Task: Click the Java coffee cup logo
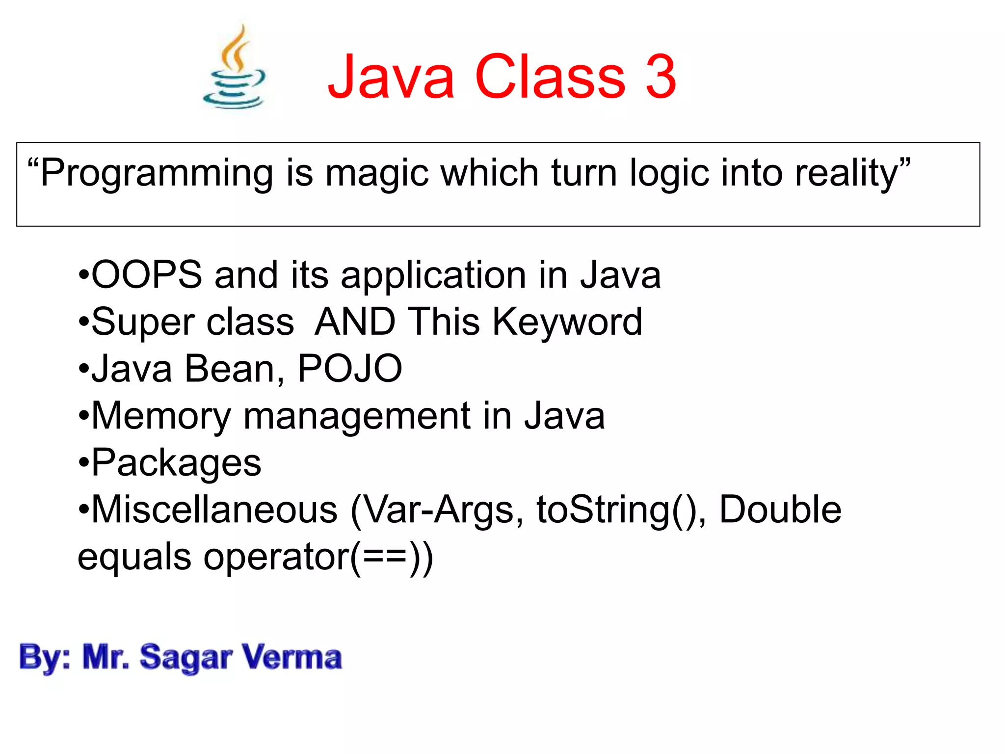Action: click(x=235, y=69)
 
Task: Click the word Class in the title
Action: click(x=550, y=77)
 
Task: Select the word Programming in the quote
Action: click(x=156, y=174)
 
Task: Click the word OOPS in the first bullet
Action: click(x=147, y=275)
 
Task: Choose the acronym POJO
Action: click(x=350, y=369)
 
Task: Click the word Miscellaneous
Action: click(x=214, y=510)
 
